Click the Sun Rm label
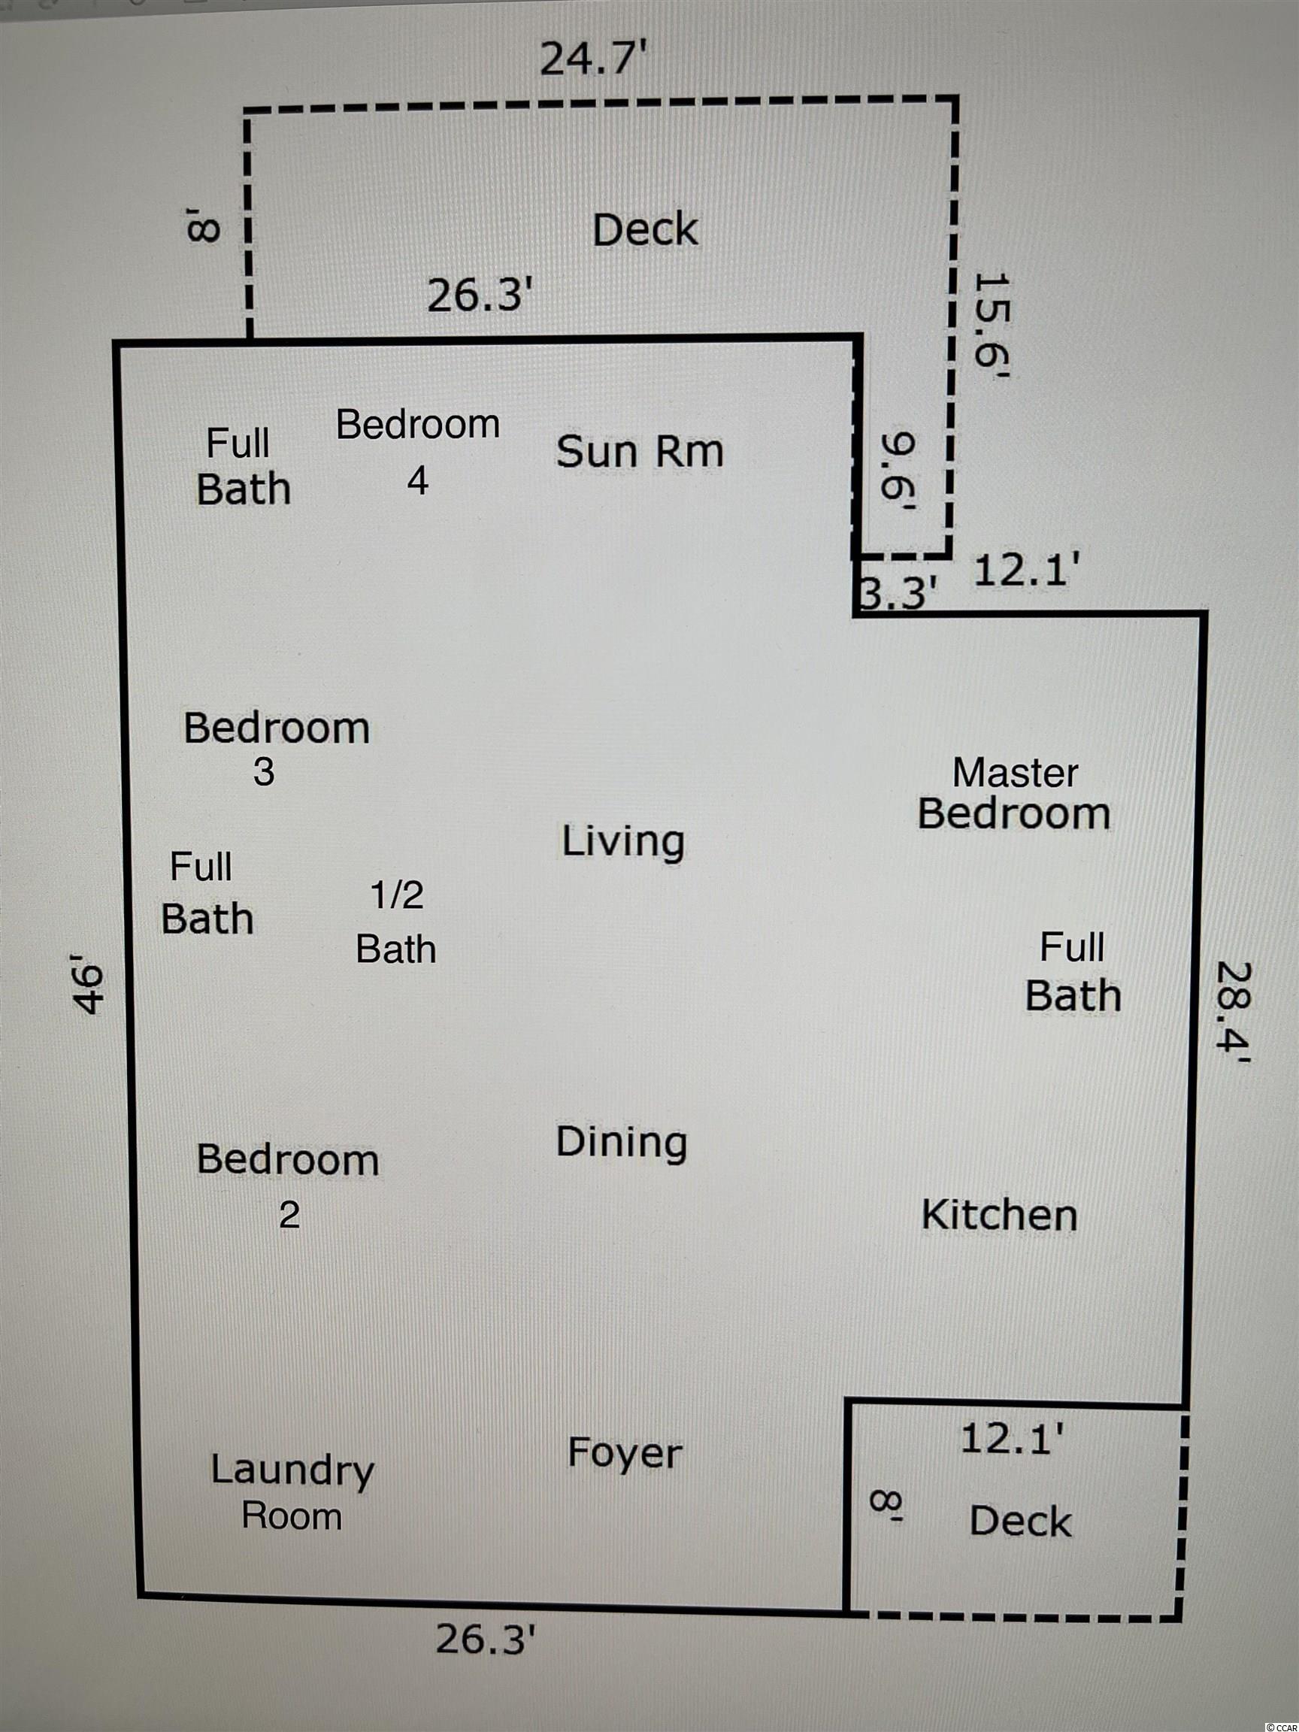(640, 452)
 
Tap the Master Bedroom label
(1015, 794)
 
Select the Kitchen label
(1000, 1216)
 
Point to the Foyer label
(625, 1453)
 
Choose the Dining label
(622, 1143)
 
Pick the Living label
(623, 843)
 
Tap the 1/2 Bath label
(396, 923)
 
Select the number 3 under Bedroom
(264, 771)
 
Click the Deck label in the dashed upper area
(645, 230)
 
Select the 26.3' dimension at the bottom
(486, 1639)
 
